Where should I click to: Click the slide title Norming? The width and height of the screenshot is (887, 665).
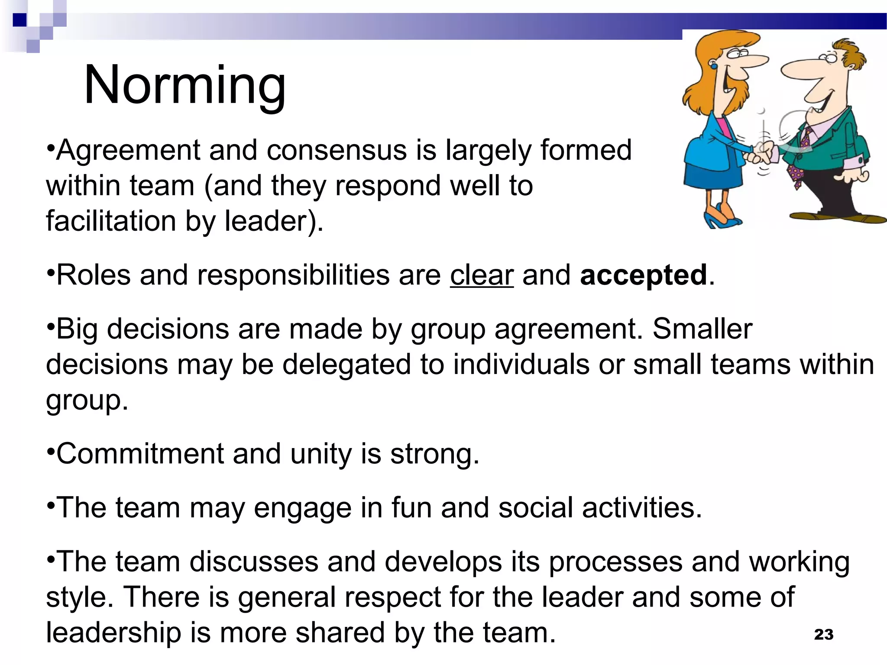pos(185,85)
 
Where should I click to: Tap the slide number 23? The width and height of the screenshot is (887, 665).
pos(823,634)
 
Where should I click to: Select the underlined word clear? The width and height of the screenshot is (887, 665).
pos(482,275)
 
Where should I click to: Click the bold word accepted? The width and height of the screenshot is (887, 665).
pos(643,276)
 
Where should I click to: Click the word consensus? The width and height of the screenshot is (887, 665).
pos(336,150)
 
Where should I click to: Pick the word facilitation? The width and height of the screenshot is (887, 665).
pos(111,221)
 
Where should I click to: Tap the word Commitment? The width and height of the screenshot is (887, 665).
pos(140,454)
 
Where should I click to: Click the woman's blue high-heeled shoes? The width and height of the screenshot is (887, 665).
pos(721,219)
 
